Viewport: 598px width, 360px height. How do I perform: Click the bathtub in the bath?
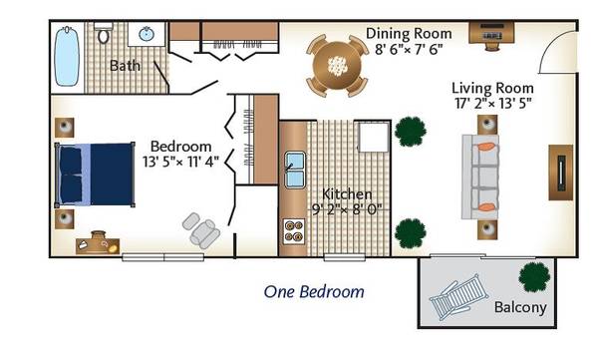pos(67,57)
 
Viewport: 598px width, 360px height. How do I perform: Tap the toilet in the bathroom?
pos(104,33)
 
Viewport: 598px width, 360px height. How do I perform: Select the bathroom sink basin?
pos(147,34)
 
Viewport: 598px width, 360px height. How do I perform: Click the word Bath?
pos(125,66)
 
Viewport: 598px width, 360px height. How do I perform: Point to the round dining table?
pos(337,66)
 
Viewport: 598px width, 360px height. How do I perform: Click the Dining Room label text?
pos(409,34)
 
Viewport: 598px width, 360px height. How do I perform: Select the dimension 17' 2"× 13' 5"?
pos(492,103)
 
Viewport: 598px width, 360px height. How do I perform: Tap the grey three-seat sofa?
pos(480,177)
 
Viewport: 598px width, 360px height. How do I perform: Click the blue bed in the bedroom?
pos(95,175)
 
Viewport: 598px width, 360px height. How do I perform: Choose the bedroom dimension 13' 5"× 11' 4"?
pos(180,162)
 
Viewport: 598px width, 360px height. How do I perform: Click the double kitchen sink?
pos(295,170)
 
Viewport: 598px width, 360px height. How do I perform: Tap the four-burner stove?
pos(294,231)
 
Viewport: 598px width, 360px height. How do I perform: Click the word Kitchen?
pos(347,193)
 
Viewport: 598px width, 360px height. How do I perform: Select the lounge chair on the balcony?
pos(458,296)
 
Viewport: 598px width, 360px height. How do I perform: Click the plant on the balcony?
pos(534,277)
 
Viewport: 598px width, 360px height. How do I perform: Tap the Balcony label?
pos(520,307)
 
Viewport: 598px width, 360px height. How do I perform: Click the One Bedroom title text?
pos(314,292)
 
